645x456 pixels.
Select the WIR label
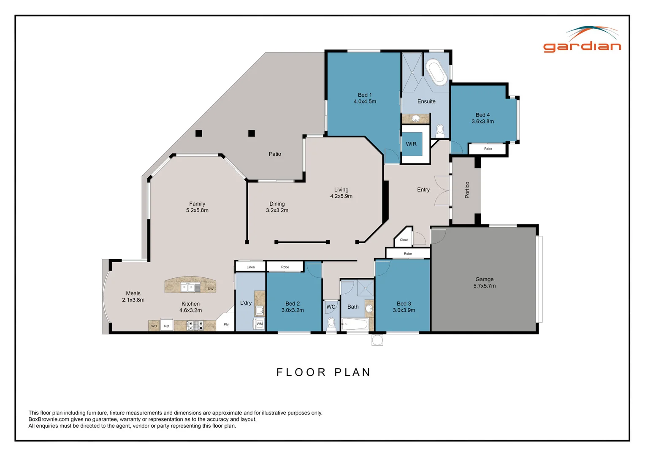411,144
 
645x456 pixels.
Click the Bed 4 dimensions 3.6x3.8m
482,122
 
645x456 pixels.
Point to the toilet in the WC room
331,324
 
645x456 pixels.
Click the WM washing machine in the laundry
259,324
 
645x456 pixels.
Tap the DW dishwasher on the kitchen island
211,289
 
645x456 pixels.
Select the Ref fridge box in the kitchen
167,325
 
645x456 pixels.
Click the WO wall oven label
154,326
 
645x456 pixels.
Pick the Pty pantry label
226,324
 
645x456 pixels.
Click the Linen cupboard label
250,267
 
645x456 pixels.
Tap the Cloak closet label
404,240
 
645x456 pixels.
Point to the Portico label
467,190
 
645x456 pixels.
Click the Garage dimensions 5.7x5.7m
485,286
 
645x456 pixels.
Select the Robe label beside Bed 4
488,149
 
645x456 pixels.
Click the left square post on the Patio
199,133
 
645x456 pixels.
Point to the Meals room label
133,293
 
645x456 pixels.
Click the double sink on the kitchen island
187,288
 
